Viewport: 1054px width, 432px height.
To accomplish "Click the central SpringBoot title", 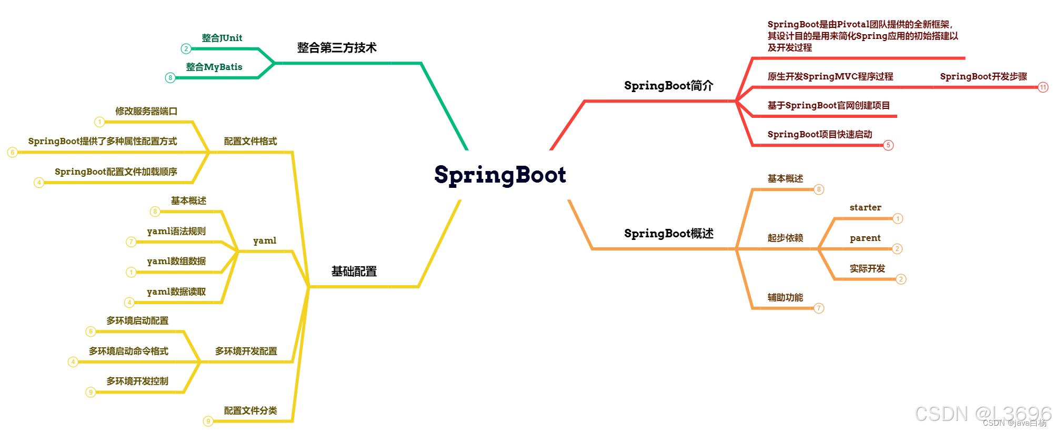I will click(x=500, y=175).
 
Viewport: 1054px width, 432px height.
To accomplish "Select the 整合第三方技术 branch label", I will click(x=337, y=48).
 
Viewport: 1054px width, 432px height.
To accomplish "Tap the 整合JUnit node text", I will click(x=222, y=38).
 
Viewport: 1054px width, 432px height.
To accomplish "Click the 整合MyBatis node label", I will click(x=214, y=67).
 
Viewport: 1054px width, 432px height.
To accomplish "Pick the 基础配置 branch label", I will click(x=354, y=272).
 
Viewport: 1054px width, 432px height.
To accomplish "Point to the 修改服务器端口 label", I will click(x=146, y=111).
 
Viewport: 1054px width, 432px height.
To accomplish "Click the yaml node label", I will click(x=264, y=240).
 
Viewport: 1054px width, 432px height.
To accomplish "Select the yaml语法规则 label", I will click(x=176, y=231).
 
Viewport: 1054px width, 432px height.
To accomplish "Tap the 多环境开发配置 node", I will click(x=246, y=351).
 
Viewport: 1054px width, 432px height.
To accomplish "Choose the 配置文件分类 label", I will click(x=250, y=410).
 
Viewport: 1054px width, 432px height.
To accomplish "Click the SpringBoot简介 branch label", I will click(x=668, y=86).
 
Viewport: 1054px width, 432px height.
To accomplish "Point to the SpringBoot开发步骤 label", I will click(x=983, y=76).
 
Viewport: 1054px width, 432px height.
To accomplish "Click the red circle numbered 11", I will click(x=1043, y=87).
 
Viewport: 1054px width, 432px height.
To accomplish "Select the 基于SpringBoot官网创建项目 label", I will click(x=828, y=105).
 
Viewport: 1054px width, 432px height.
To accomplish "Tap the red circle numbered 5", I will click(x=888, y=145).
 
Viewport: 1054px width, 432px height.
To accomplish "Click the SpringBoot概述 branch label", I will click(x=668, y=234).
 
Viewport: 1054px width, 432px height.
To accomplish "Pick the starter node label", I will click(x=865, y=207).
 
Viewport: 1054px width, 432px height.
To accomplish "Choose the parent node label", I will click(x=865, y=238).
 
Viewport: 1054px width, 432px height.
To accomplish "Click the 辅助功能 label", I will click(x=785, y=297).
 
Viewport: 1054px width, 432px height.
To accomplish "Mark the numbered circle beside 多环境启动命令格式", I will click(x=73, y=362).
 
